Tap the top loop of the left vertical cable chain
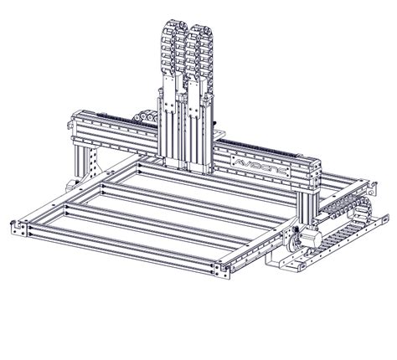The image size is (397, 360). coord(171,31)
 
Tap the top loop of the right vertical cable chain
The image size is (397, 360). coord(200,31)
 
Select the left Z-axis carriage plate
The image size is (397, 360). coord(171,126)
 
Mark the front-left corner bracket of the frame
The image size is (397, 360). coord(18,227)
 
